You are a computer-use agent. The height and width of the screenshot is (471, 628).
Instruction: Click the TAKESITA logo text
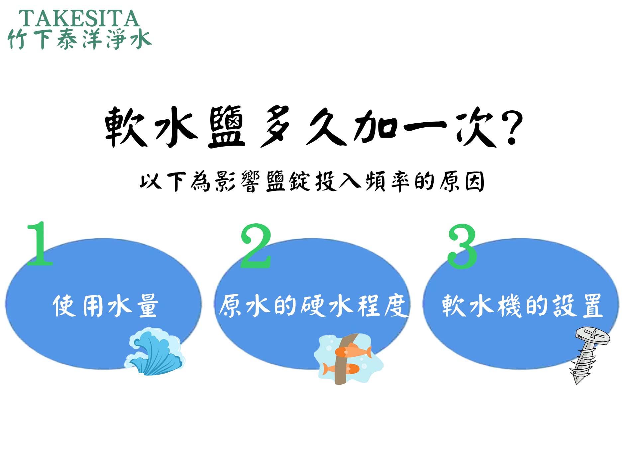click(79, 19)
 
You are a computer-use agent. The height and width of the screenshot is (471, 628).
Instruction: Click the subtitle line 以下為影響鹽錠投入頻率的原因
click(312, 182)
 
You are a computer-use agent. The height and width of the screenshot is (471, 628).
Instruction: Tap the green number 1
click(40, 243)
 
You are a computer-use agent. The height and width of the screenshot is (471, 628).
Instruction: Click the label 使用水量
click(105, 305)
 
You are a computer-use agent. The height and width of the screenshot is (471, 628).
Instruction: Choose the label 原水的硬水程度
click(313, 305)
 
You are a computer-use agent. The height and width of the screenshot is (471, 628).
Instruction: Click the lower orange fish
click(341, 368)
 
